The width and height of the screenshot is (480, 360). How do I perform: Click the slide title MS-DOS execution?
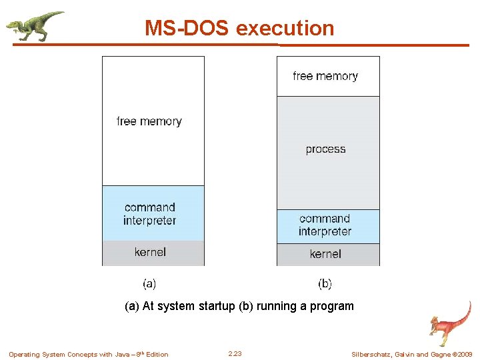[239, 28]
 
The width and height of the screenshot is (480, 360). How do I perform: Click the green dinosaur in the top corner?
[34, 25]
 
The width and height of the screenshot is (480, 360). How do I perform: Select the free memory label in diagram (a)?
[149, 121]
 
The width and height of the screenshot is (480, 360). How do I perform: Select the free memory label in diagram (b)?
[325, 76]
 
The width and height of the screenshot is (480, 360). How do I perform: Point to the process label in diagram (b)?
[325, 149]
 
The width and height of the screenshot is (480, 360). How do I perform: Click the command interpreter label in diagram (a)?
[149, 214]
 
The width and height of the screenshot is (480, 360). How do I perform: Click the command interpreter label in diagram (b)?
[325, 225]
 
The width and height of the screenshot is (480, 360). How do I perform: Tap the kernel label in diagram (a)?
[150, 252]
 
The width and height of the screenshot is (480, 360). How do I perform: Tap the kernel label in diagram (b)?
[325, 254]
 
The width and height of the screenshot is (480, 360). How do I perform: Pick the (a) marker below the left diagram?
[149, 284]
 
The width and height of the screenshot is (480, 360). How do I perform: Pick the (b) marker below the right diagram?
[325, 284]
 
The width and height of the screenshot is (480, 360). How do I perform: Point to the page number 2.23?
[235, 354]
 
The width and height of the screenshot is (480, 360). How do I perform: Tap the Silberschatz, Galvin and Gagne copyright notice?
[411, 355]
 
